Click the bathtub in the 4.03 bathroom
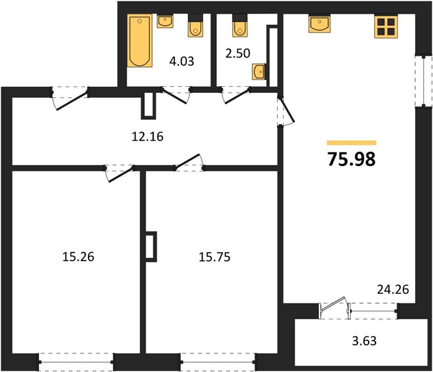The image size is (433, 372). pos(140,41)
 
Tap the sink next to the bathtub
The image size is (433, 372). pos(165,22)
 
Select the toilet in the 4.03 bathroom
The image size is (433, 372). pos(196,25)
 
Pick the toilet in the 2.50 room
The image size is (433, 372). pos(240,25)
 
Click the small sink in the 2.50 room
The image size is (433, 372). pos(259,72)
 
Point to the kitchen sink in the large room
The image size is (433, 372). pos(320,24)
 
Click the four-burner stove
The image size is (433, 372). pos(386,27)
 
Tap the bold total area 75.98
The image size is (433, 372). pos(351,159)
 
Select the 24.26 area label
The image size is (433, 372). pos(393,290)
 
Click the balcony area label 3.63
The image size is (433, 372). pos(364,341)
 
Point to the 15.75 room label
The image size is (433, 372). pos(214,257)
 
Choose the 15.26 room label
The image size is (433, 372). pos(78,257)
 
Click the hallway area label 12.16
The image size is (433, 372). pos(147,136)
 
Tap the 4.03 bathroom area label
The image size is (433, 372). pos(182,61)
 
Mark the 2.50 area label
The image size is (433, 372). pos(238,53)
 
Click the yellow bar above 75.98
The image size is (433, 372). pos(351,143)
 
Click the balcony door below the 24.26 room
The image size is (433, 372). pos(334,308)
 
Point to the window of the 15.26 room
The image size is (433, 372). pos(76,362)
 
